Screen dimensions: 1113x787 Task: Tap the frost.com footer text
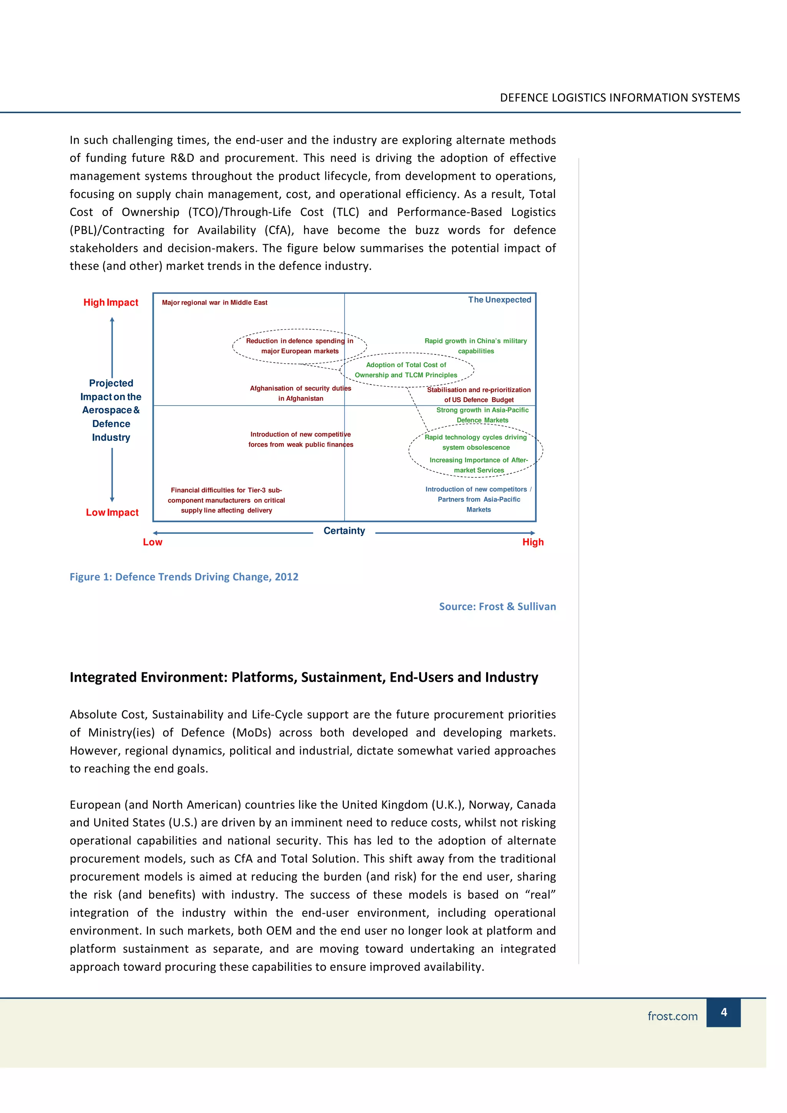(x=672, y=1016)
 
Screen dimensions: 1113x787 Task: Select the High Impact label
(x=111, y=303)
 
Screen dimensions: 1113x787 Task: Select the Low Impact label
(x=112, y=512)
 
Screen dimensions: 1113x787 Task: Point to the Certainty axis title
(x=344, y=531)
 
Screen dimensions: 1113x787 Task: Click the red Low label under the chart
(x=152, y=542)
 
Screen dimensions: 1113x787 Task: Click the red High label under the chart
(x=533, y=542)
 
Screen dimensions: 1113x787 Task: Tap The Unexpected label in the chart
(x=500, y=300)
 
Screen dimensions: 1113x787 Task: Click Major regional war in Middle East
(x=214, y=303)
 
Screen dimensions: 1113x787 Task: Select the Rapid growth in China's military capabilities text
(x=476, y=346)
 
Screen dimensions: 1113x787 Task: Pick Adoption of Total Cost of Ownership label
(x=406, y=370)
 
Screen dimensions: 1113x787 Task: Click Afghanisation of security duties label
(x=300, y=393)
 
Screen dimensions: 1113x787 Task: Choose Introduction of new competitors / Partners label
(x=478, y=499)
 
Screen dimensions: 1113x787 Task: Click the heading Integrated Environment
(x=304, y=677)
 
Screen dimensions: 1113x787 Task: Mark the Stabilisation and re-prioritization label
(x=478, y=394)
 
